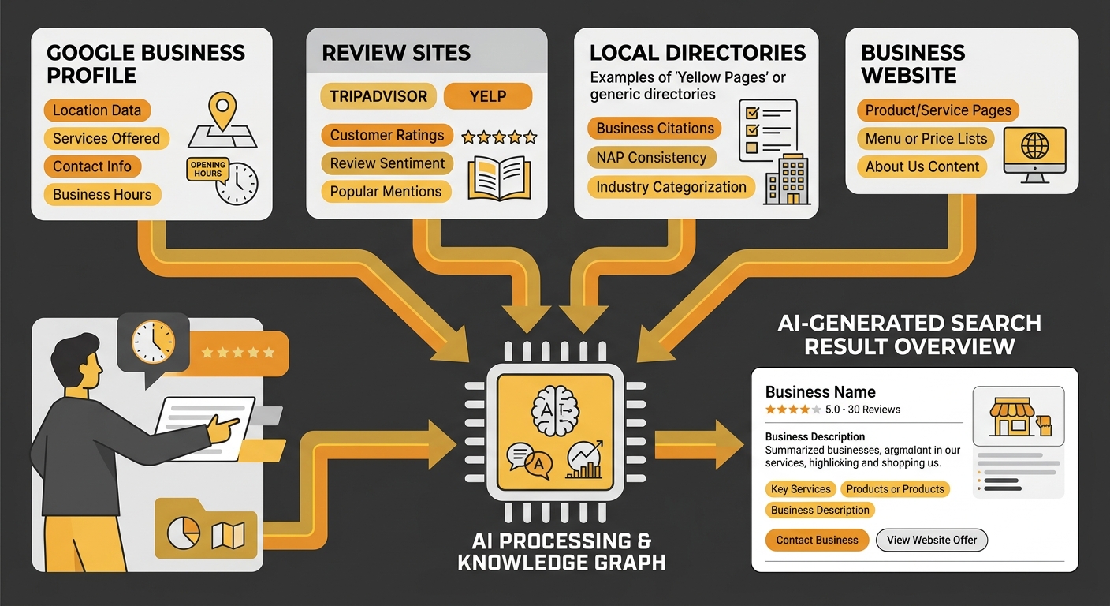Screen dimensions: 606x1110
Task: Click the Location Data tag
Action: coord(97,110)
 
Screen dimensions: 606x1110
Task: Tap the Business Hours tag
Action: coord(102,194)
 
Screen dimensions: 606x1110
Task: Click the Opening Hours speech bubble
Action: coord(207,170)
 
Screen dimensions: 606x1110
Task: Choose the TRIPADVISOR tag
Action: coord(378,96)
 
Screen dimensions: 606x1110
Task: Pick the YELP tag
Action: coord(488,96)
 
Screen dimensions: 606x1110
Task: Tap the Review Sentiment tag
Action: coord(387,163)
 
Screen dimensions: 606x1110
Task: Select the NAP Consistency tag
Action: coord(651,157)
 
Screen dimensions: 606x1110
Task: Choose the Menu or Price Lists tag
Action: coord(926,139)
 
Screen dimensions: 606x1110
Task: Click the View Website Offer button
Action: coord(931,540)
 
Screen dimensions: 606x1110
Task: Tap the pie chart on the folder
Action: coord(184,535)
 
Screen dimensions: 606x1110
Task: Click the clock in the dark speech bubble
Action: coord(152,342)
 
